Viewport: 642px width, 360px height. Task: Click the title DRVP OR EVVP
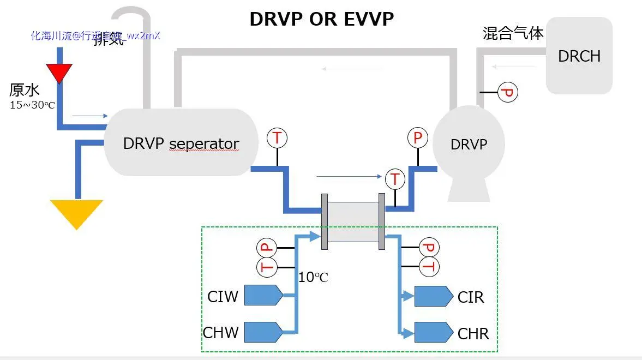point(321,19)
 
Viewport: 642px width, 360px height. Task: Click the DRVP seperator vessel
point(181,143)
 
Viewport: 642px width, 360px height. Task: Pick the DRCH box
point(579,56)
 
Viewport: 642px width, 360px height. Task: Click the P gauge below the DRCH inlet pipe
point(508,93)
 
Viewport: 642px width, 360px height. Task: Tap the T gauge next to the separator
point(277,138)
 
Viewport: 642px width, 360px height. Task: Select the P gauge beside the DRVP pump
point(418,138)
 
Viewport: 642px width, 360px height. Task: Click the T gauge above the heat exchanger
point(395,179)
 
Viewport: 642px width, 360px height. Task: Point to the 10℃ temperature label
point(314,278)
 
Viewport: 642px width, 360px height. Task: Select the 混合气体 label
point(513,33)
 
